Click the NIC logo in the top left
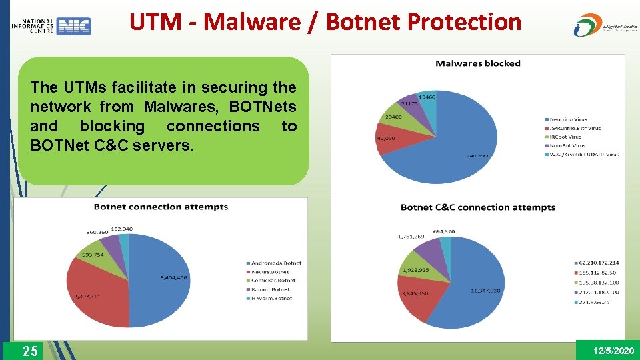(51, 26)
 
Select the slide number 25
(30, 351)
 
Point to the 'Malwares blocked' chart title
(477, 63)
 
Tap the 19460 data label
(428, 97)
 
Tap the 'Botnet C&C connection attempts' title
(477, 207)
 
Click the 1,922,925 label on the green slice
(414, 270)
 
